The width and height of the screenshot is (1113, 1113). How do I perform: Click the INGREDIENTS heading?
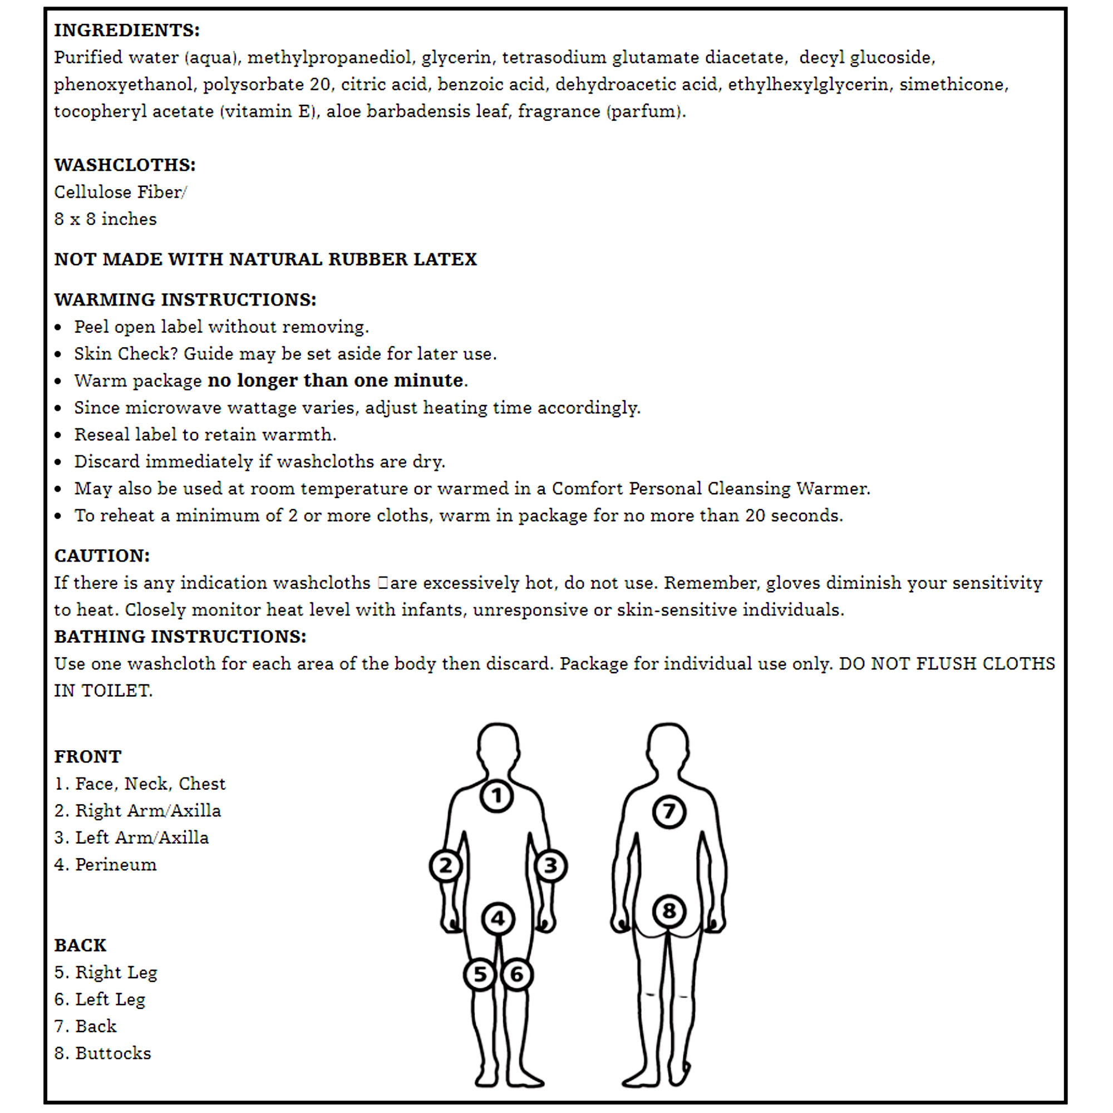point(127,30)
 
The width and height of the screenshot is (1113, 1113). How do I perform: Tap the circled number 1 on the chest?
point(496,796)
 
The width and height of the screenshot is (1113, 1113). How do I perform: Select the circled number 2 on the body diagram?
point(445,866)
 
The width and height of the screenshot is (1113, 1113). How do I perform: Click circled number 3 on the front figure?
point(551,866)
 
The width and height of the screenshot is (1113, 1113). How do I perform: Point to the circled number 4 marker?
point(498,919)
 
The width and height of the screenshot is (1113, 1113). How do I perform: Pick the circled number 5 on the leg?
point(480,975)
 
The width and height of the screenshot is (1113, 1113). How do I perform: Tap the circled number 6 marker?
point(517,975)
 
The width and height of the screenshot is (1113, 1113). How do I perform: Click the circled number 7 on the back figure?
point(669,812)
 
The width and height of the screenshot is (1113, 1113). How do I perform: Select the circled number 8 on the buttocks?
point(669,911)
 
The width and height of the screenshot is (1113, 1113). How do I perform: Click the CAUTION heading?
point(102,556)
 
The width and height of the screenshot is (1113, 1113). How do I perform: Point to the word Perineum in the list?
point(116,865)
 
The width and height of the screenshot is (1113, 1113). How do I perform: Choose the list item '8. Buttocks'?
point(102,1053)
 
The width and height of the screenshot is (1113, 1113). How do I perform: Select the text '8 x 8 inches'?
point(105,219)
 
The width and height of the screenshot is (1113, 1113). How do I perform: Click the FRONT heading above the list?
point(88,756)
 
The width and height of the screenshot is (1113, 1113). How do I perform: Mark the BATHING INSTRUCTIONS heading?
point(180,637)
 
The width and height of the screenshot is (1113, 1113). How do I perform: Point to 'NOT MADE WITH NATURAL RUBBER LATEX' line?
point(265,259)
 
